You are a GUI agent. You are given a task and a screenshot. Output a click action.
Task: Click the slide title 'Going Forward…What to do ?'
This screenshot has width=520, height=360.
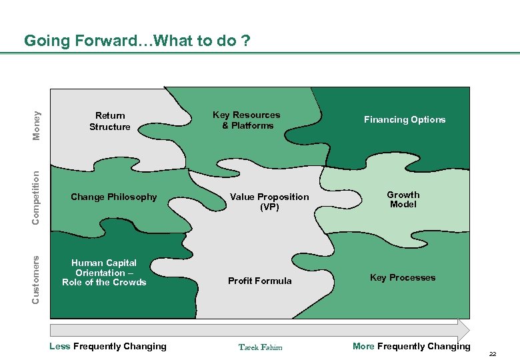point(137,41)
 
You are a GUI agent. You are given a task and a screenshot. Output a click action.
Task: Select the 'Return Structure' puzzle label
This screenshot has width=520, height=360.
point(110,121)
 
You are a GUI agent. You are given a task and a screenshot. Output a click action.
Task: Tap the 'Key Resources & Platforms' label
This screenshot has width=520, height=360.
point(247,120)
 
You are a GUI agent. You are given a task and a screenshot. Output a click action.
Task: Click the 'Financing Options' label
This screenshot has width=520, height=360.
point(404,119)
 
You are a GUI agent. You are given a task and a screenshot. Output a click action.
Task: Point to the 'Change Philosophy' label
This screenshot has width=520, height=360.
point(113,197)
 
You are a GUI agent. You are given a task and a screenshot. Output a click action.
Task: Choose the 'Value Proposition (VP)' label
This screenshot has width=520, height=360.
point(269,201)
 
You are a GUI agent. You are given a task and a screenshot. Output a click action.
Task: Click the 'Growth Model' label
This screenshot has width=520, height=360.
point(403,199)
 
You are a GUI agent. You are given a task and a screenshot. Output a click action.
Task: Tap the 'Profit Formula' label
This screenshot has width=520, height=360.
point(259,281)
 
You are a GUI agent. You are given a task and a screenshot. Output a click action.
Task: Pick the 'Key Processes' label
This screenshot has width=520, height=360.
point(403,277)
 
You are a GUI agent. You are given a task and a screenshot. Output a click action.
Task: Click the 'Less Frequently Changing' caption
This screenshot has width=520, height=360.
point(108,346)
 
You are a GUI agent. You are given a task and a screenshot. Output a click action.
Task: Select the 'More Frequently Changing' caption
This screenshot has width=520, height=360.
point(411,346)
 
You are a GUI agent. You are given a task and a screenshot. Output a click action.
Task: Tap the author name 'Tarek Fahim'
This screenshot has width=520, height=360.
point(260,347)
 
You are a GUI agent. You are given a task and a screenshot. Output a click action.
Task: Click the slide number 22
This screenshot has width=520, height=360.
point(493,353)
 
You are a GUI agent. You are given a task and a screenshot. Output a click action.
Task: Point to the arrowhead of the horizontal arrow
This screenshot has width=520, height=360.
point(464,330)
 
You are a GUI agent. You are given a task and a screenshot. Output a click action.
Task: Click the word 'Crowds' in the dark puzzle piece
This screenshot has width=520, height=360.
point(131,282)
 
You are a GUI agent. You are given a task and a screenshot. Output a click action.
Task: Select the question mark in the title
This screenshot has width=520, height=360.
point(247,41)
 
